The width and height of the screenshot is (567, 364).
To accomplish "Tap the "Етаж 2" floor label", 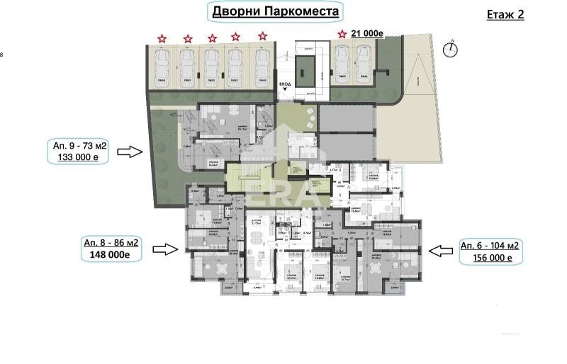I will pyautogui.click(x=506, y=14).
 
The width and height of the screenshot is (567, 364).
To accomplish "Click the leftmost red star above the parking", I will pyautogui.click(x=162, y=38).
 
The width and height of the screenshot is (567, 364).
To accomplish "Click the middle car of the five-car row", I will pyautogui.click(x=211, y=66).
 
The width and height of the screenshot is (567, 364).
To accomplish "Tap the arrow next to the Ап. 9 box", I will pyautogui.click(x=130, y=151).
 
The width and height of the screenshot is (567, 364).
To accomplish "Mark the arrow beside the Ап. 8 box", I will pyautogui.click(x=165, y=249).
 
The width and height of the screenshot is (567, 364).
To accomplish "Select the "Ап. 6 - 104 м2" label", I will pyautogui.click(x=490, y=244).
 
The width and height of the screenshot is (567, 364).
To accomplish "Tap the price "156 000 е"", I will pyautogui.click(x=490, y=258).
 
